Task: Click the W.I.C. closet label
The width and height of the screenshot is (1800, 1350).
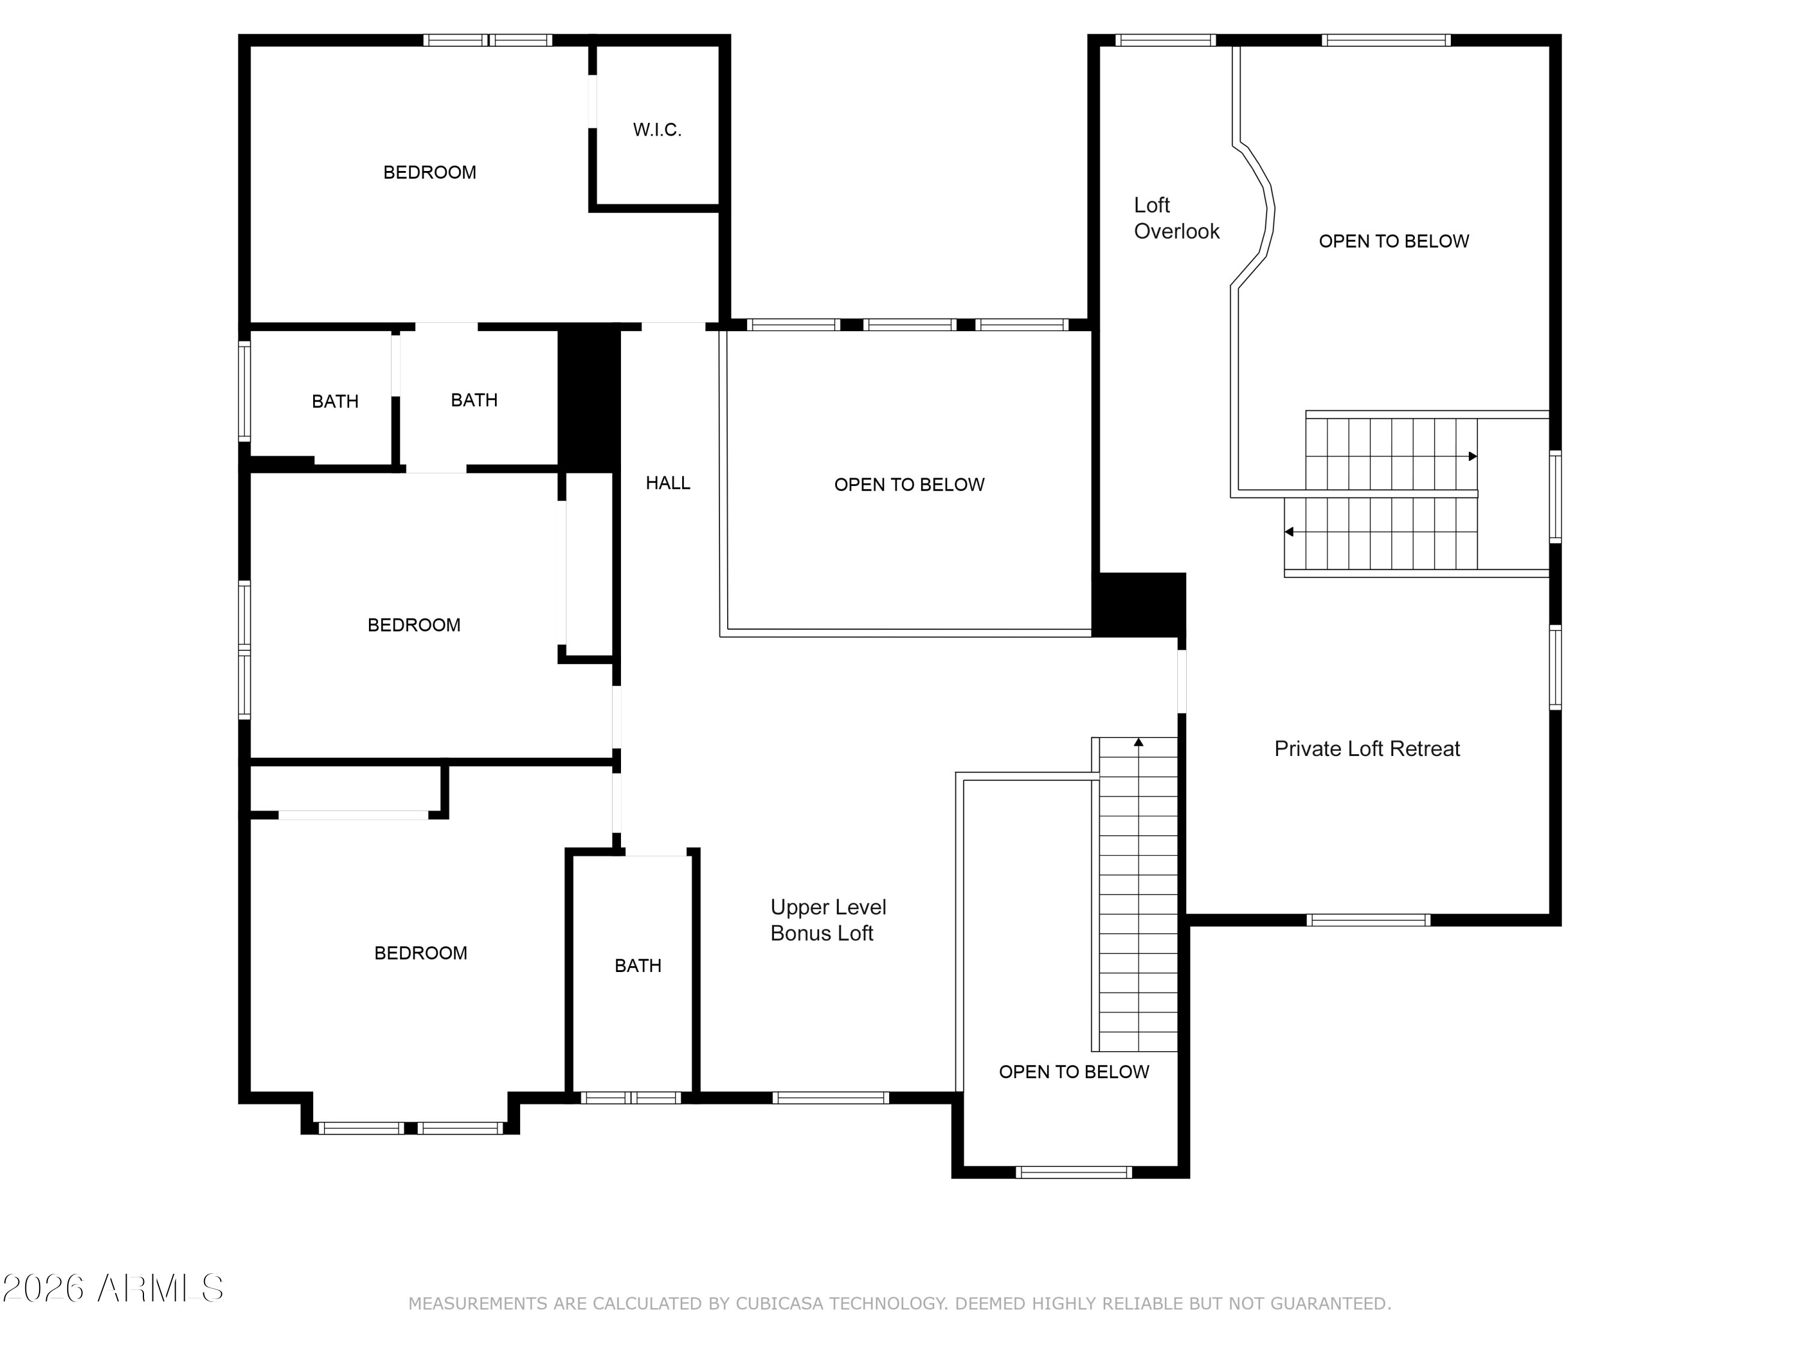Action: click(656, 130)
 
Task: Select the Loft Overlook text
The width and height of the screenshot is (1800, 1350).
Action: click(1177, 218)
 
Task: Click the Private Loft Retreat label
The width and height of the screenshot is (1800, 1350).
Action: click(1367, 749)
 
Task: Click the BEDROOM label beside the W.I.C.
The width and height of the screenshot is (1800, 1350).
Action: click(430, 173)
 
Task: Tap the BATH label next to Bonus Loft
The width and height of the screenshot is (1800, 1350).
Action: click(638, 966)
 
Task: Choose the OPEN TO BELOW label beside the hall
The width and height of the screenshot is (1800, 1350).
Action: click(909, 485)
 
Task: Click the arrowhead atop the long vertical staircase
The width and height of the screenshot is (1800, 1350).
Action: click(1138, 742)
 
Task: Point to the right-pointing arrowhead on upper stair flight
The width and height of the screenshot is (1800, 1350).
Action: click(1472, 457)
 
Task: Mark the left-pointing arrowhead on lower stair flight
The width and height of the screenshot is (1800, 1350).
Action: click(1289, 532)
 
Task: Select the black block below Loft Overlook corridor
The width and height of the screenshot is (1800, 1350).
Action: click(1138, 605)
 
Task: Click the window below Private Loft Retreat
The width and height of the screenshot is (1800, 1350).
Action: click(1368, 920)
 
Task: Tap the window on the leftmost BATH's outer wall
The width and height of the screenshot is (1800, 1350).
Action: click(244, 391)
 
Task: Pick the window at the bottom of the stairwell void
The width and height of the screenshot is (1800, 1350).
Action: click(1073, 1172)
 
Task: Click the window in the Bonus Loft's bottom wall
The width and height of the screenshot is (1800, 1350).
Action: click(830, 1098)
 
